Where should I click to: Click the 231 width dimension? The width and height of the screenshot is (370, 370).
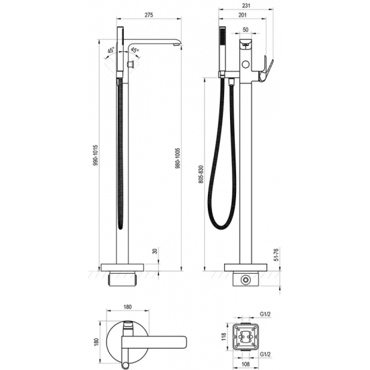point(247,5)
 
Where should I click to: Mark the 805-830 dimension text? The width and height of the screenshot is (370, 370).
point(201,178)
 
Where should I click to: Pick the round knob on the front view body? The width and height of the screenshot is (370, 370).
point(250,65)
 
